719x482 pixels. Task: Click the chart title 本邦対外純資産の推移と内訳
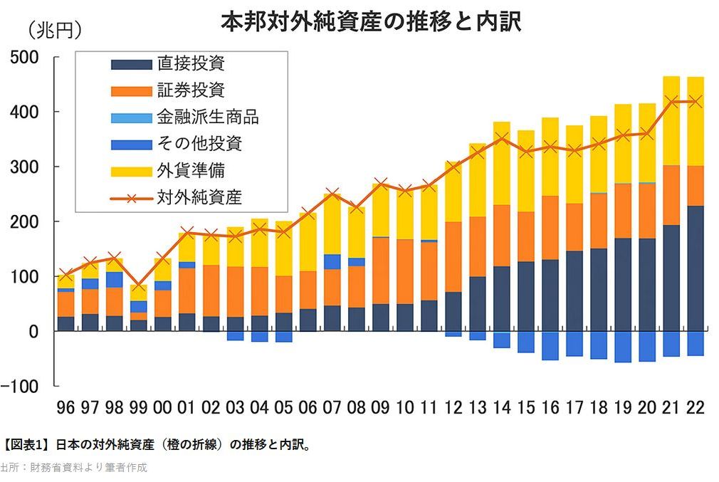371,21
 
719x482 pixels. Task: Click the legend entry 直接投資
191,64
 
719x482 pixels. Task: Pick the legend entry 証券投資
191,90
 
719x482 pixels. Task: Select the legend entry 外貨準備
191,171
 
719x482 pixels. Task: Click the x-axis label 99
138,407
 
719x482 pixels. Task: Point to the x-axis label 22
694,407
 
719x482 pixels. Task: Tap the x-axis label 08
357,407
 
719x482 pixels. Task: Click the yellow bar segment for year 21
671,121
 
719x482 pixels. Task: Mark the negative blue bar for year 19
623,347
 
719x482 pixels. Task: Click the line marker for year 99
139,285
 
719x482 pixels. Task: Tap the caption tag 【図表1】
26,446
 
